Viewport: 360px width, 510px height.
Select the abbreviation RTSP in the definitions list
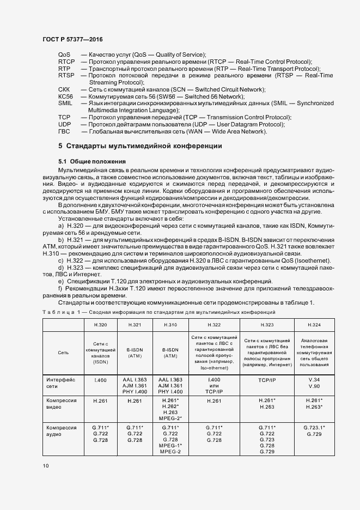[66, 75]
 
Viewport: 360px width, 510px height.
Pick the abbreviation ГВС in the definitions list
[64, 131]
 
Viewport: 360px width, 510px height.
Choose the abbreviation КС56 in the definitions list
[65, 96]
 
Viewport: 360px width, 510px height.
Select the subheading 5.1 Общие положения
[92, 161]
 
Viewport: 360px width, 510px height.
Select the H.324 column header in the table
[314, 325]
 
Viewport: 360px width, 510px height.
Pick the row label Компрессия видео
[61, 404]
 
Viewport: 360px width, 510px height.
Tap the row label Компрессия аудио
[61, 431]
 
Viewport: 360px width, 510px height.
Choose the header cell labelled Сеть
[63, 353]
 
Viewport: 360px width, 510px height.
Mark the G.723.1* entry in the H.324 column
[314, 428]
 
